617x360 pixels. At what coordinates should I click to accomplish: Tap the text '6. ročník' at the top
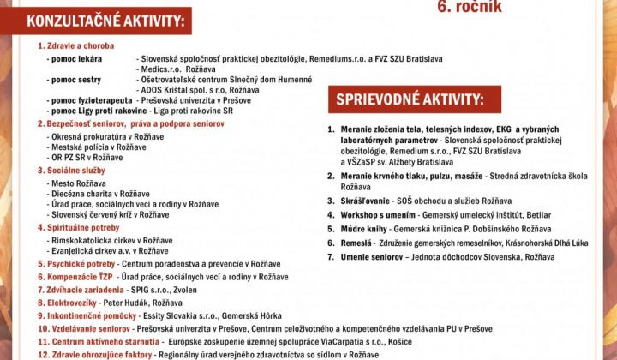click(470, 8)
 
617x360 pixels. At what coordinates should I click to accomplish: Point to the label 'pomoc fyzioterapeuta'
click(89, 100)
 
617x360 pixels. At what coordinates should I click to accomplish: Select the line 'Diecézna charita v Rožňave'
click(100, 194)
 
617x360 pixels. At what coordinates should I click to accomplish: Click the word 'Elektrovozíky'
click(72, 303)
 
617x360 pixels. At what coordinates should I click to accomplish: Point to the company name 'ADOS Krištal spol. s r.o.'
click(185, 89)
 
